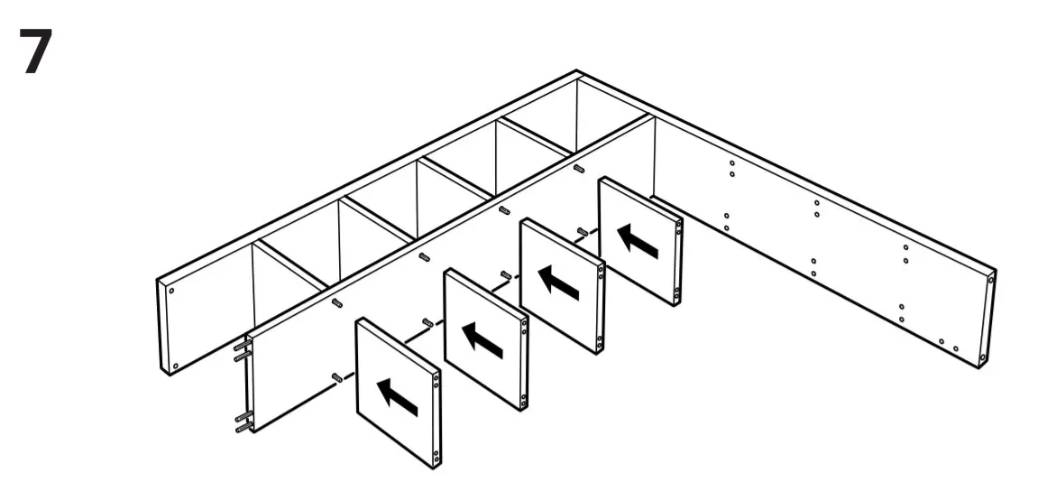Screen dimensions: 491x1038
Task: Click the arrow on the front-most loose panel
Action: (397, 397)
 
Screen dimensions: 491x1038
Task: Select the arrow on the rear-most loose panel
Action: (638, 240)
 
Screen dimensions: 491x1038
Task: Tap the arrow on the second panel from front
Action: (483, 340)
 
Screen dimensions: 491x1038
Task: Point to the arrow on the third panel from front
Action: (560, 284)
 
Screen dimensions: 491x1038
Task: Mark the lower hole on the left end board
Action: (174, 367)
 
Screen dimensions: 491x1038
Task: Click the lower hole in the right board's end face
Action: (984, 357)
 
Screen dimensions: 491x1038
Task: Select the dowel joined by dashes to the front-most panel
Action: (336, 376)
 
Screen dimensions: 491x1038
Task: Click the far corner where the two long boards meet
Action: (577, 75)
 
